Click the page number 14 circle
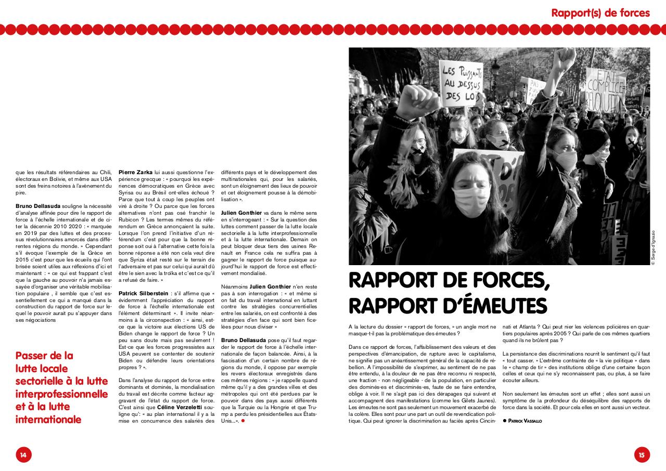click(23, 454)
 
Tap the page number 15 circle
click(642, 454)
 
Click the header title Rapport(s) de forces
click(600, 12)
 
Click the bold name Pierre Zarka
click(135, 172)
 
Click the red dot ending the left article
click(242, 421)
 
